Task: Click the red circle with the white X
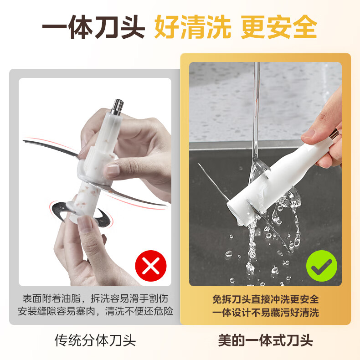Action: pos(151,266)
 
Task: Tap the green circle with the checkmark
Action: pos(322,266)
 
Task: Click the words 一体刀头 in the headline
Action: pos(93,26)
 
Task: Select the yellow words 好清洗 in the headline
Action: pos(192,26)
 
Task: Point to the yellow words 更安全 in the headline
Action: pos(279,26)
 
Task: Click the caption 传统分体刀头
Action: pos(95,340)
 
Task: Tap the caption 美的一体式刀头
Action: pos(265,340)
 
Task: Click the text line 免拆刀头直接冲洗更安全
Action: pos(265,299)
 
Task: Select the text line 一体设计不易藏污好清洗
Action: pos(265,313)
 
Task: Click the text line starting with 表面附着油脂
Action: pos(95,298)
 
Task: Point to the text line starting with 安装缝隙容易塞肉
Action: pos(95,311)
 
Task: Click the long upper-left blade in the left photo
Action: pos(51,147)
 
